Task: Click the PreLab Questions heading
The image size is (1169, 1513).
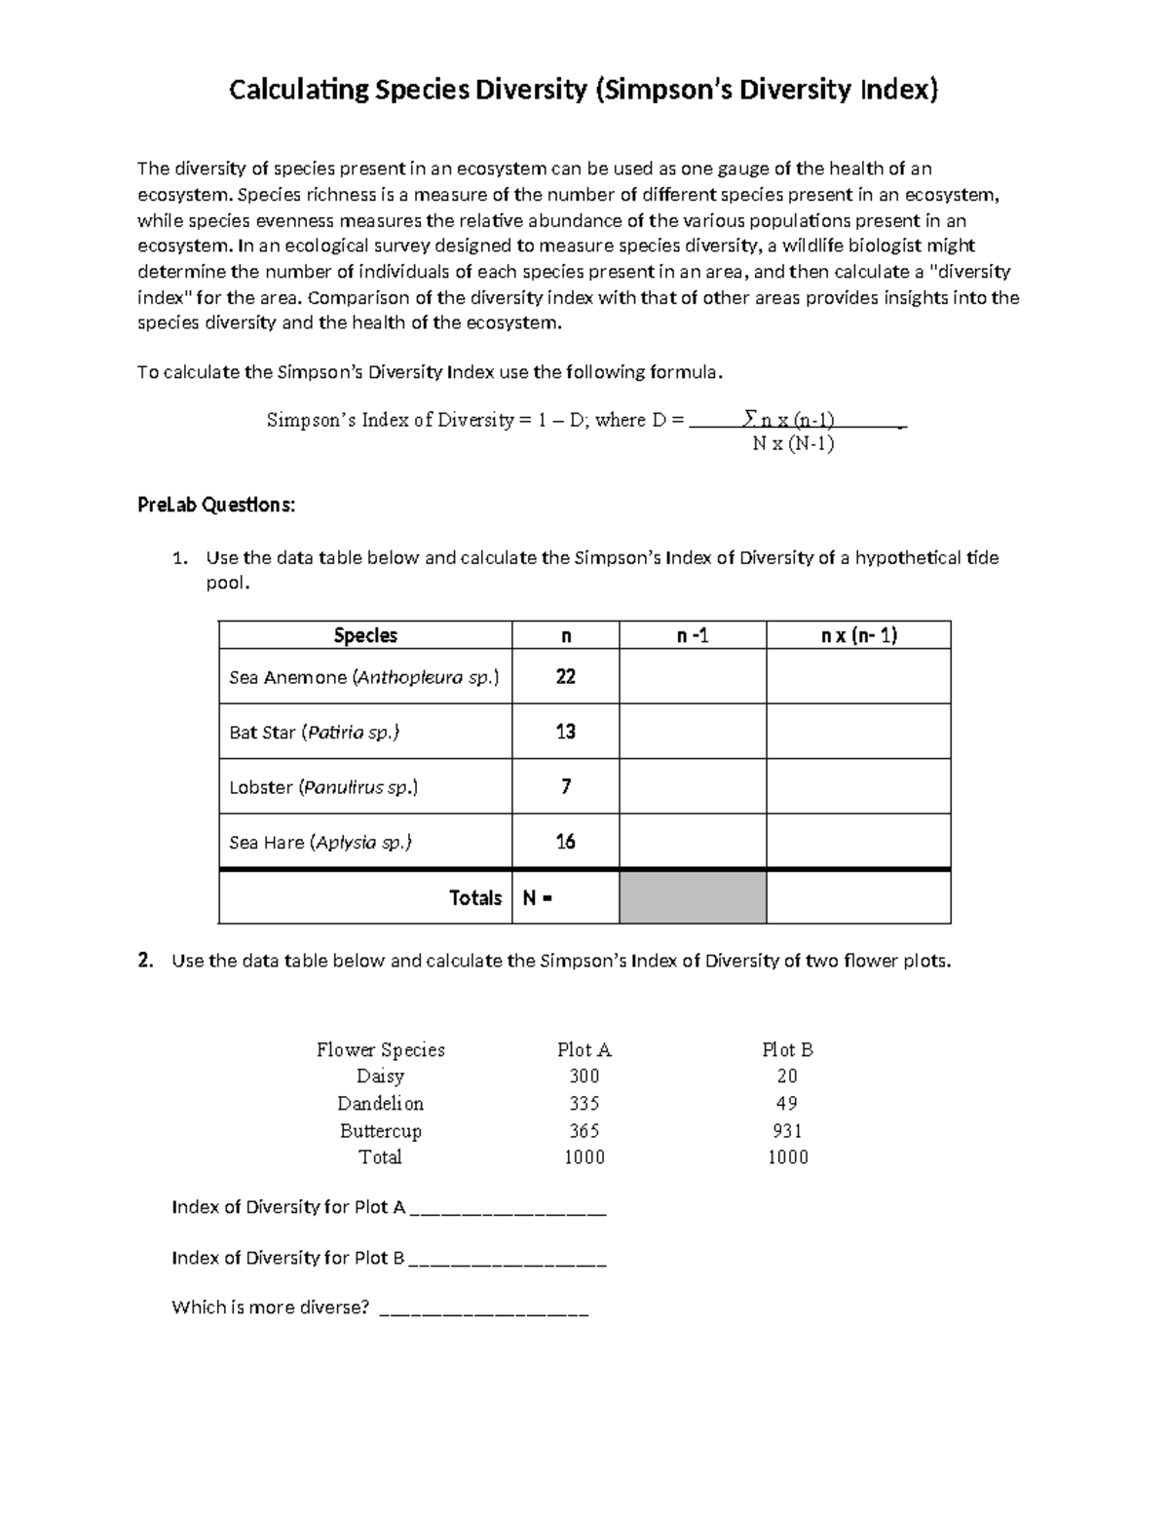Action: click(x=215, y=505)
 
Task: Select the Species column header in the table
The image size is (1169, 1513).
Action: click(x=365, y=635)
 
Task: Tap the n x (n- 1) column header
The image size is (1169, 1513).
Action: click(x=857, y=635)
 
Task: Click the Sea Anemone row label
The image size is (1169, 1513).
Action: click(x=363, y=677)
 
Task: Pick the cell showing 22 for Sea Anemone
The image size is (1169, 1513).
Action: click(x=565, y=677)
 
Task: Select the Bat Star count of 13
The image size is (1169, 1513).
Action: click(x=565, y=732)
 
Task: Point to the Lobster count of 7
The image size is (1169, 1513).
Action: click(x=565, y=786)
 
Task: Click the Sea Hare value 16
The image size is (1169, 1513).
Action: click(x=565, y=842)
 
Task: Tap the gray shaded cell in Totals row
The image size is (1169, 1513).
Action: click(x=693, y=897)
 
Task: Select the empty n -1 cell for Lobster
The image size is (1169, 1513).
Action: click(x=693, y=786)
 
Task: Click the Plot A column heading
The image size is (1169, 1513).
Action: click(x=584, y=1050)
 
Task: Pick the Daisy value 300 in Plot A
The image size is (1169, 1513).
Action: click(x=584, y=1077)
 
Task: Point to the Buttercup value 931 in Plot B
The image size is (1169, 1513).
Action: click(x=787, y=1131)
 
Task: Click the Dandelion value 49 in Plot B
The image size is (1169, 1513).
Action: click(x=787, y=1104)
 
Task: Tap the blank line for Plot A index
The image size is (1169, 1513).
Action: click(x=509, y=1210)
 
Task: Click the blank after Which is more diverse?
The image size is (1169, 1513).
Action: click(x=483, y=1310)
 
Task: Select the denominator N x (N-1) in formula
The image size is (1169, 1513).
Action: click(x=793, y=445)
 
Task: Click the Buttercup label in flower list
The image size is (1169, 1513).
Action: click(x=380, y=1131)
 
